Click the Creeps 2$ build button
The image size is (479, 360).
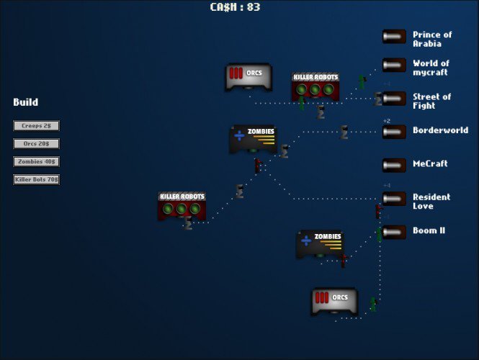pyautogui.click(x=36, y=126)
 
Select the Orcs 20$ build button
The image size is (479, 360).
pyautogui.click(x=36, y=144)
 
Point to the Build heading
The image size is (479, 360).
pyautogui.click(x=25, y=102)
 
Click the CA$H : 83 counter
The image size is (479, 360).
pyautogui.click(x=235, y=7)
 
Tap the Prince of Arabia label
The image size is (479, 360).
pyautogui.click(x=432, y=39)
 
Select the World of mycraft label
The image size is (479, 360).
pyautogui.click(x=431, y=68)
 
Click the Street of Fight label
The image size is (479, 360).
pyautogui.click(x=431, y=101)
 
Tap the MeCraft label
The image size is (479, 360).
pyautogui.click(x=430, y=163)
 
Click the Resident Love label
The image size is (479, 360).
pyautogui.click(x=431, y=202)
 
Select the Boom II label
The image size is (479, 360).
pyautogui.click(x=429, y=230)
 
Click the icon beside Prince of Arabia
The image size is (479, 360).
pyautogui.click(x=394, y=37)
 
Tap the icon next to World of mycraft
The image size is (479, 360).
pyautogui.click(x=394, y=66)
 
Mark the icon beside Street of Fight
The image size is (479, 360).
pyautogui.click(x=394, y=99)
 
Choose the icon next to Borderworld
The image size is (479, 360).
pyautogui.click(x=394, y=132)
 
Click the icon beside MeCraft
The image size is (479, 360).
pyautogui.click(x=394, y=165)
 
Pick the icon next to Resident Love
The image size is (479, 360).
pyautogui.click(x=394, y=199)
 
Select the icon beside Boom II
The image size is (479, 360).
pyautogui.click(x=394, y=232)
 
